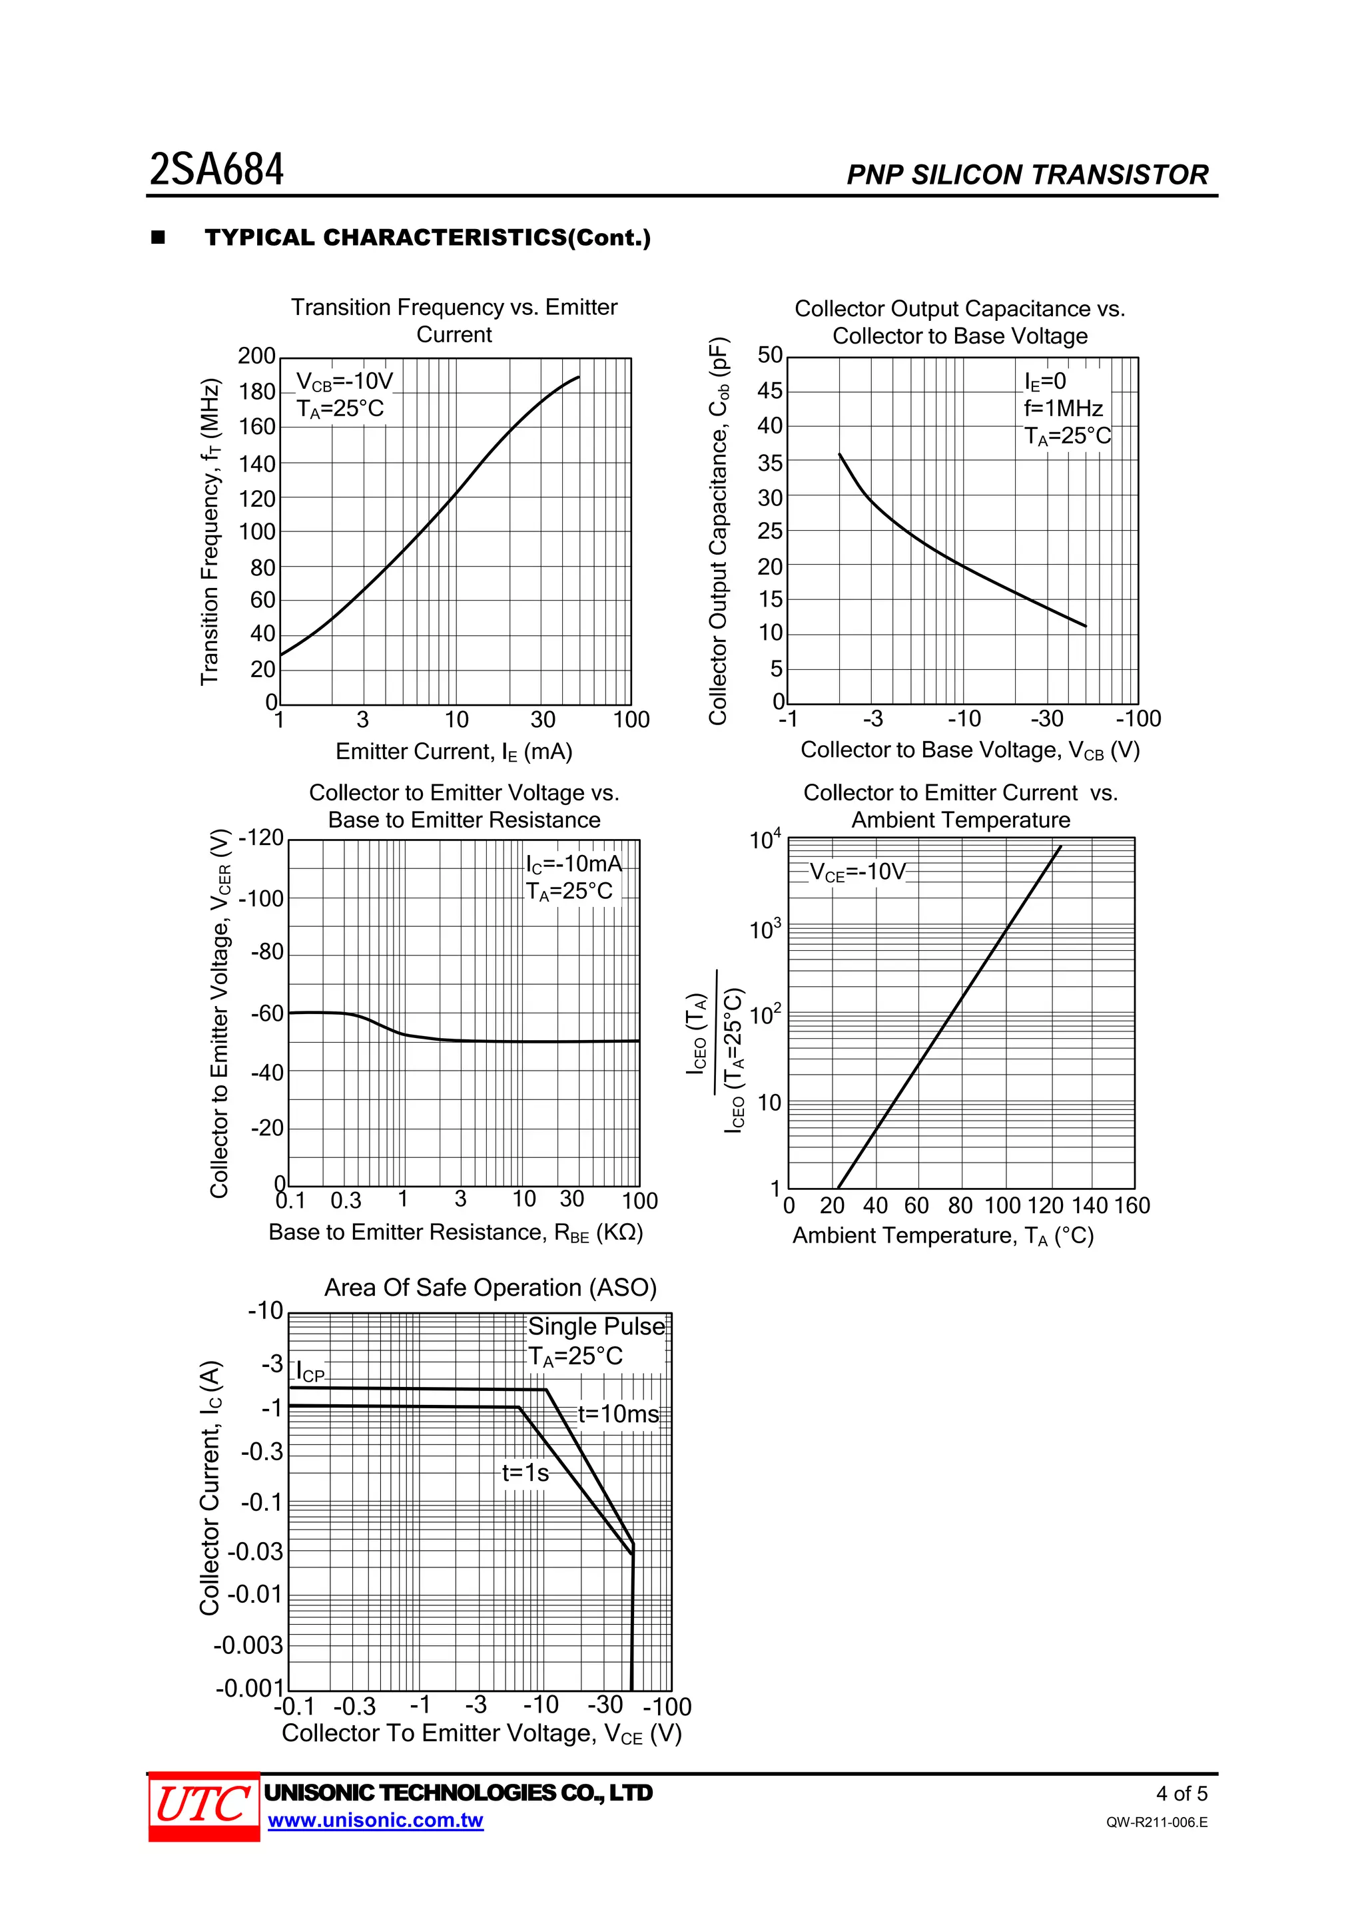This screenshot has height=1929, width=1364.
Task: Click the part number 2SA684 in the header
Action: pos(217,170)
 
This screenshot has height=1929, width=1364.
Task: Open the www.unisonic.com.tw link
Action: pos(375,1820)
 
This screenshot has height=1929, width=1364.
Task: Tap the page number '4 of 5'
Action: pos(1181,1794)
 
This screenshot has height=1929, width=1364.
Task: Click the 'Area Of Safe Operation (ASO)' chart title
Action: pos(490,1288)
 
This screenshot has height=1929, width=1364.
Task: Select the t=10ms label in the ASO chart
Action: pos(617,1414)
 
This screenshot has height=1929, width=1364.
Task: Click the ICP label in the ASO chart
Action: pos(310,1372)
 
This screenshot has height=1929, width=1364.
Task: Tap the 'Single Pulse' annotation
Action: pos(596,1326)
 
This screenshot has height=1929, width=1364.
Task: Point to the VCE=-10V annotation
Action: pos(858,872)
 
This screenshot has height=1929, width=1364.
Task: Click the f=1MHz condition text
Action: pos(1063,408)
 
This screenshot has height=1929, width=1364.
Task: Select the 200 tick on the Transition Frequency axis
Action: pos(256,356)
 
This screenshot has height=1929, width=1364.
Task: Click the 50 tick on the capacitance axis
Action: pos(770,356)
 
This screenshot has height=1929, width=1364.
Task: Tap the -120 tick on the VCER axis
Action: pos(260,838)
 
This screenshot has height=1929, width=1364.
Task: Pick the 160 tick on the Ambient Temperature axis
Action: pos(1131,1206)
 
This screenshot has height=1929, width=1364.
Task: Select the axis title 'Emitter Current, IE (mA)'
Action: pos(454,751)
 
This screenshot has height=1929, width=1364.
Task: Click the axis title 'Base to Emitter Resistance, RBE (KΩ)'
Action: pos(456,1233)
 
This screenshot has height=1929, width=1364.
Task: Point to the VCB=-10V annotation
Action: pos(344,382)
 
